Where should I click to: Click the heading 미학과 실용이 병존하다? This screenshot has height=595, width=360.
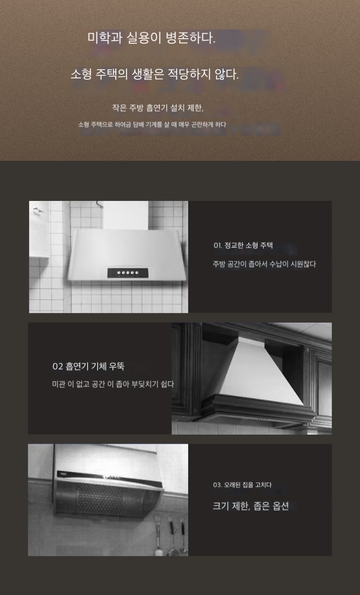coord(151,38)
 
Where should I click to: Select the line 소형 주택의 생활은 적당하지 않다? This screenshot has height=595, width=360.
coord(154,74)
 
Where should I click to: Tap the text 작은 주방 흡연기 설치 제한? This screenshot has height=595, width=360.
coord(158,108)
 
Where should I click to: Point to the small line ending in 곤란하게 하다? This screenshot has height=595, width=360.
coord(152,124)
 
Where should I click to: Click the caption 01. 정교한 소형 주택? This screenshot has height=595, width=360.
coord(243,245)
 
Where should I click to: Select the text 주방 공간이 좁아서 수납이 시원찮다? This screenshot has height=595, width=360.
coord(264,264)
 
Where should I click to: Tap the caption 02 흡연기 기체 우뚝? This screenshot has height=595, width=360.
coord(88,366)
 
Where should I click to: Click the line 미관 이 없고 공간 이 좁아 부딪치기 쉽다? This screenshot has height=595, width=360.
coord(113,384)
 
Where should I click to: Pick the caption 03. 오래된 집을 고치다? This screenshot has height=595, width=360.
coord(242,485)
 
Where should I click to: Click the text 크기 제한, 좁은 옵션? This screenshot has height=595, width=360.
coord(251,506)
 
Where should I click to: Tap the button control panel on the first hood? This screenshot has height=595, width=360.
coord(128,273)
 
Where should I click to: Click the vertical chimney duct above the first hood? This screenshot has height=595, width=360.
coord(125,215)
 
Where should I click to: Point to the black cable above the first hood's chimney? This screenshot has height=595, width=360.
coord(99,204)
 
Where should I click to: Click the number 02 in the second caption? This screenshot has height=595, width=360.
coord(58,367)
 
